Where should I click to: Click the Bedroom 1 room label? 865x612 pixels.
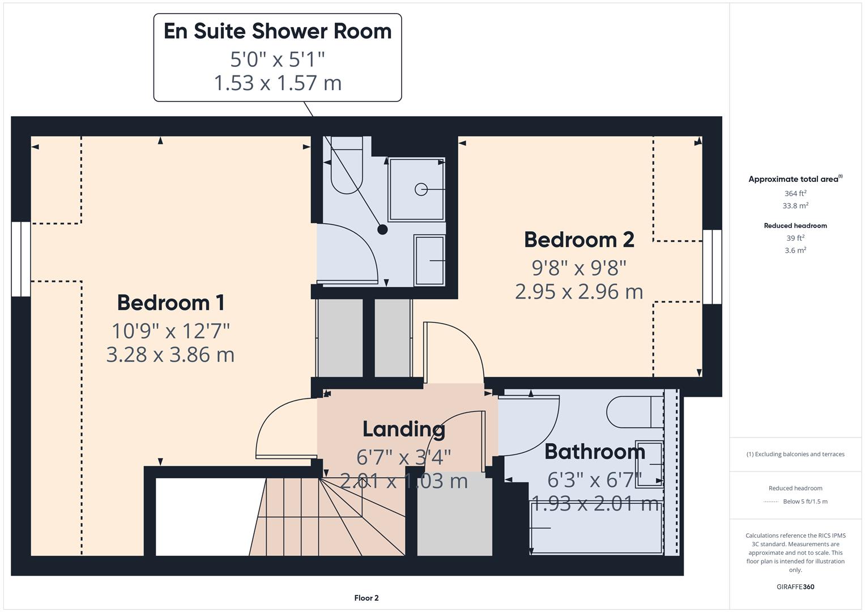(x=171, y=303)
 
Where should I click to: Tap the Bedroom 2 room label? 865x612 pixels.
(x=579, y=240)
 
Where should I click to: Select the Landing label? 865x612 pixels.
(x=403, y=429)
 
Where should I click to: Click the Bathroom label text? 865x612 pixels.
(x=595, y=452)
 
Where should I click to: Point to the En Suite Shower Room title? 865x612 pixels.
(x=278, y=31)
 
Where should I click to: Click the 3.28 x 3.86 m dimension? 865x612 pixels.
(x=171, y=355)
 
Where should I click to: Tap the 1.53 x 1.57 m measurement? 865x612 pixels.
(x=278, y=83)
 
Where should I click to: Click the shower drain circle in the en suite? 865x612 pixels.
(x=421, y=189)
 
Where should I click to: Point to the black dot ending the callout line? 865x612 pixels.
(x=382, y=229)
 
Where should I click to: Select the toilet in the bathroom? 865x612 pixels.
(x=634, y=412)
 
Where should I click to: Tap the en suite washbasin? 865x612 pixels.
(x=429, y=260)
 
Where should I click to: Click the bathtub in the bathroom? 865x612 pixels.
(x=596, y=528)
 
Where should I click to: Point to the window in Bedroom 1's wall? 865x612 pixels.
(x=21, y=259)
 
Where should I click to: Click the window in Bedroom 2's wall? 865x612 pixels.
(x=712, y=267)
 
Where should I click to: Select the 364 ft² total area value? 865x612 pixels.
(x=795, y=193)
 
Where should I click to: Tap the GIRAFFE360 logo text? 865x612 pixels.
(x=795, y=586)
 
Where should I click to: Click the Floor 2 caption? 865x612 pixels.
(x=367, y=598)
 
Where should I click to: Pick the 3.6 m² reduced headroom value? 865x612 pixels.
(x=795, y=250)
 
